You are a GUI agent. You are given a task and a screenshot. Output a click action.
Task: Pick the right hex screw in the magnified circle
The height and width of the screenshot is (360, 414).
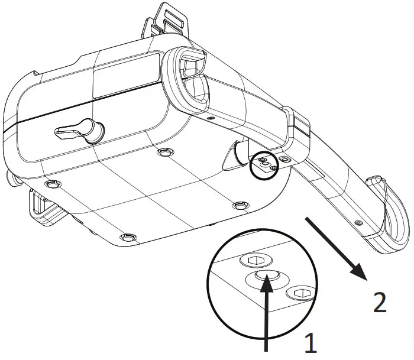coord(299,292)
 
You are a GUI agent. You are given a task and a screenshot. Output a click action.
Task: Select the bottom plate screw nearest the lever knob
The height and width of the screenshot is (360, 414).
coord(163,153)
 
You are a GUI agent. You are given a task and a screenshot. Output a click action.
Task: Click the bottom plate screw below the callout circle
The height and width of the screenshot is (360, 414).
coord(239,205)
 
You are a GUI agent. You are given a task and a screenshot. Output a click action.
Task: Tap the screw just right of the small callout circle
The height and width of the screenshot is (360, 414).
coord(286,160)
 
